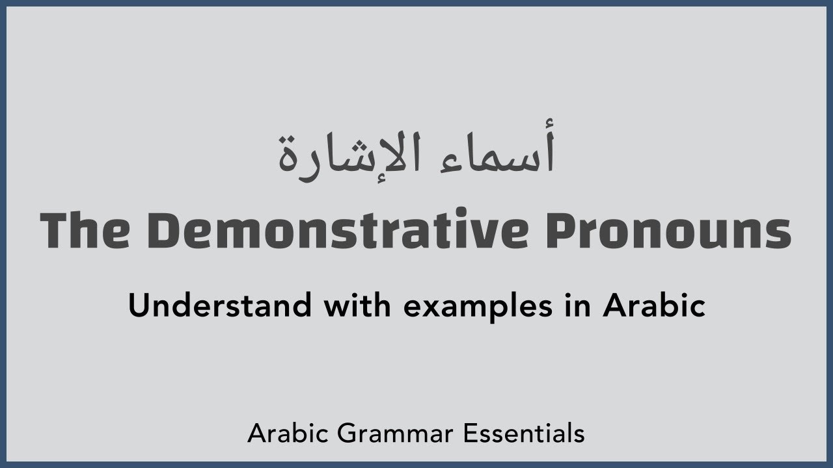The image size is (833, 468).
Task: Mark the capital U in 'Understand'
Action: click(x=139, y=305)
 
